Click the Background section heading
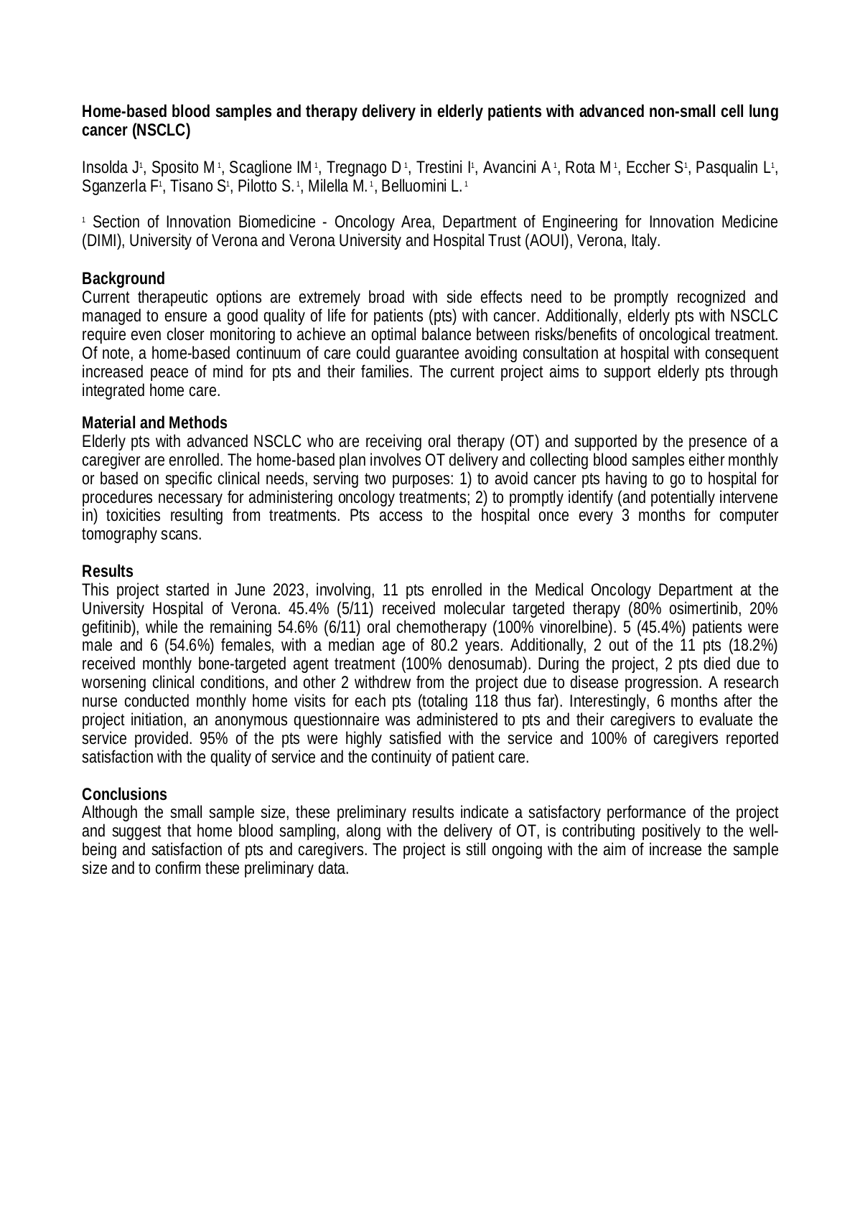pos(123,278)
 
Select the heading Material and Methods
pos(154,423)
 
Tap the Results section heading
pos(107,571)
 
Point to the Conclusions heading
pos(124,794)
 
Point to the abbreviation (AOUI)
pos(516,240)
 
